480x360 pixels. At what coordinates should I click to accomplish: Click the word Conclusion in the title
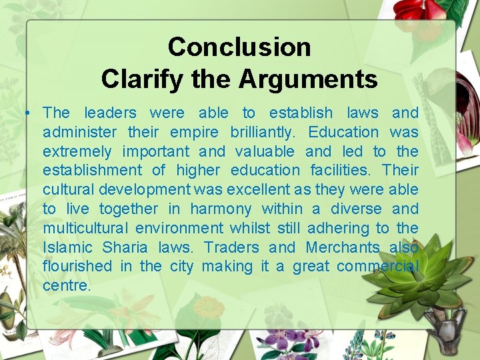pyautogui.click(x=239, y=47)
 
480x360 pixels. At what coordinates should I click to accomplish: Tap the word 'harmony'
pyautogui.click(x=221, y=209)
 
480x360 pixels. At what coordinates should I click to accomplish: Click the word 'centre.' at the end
pyautogui.click(x=67, y=286)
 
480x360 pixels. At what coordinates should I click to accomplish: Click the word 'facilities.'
pyautogui.click(x=341, y=171)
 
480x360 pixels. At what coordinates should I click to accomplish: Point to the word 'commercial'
pyautogui.click(x=378, y=267)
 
